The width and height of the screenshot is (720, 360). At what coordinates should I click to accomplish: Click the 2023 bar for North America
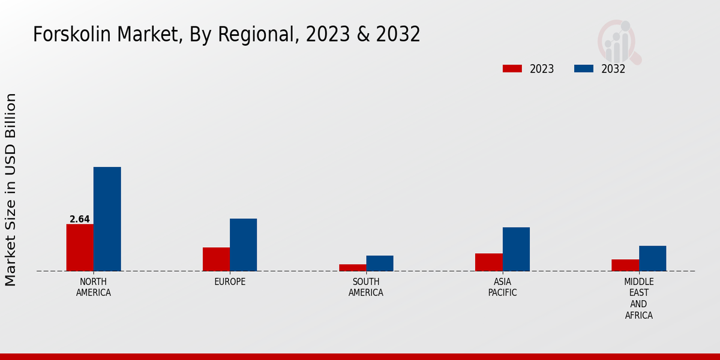point(80,247)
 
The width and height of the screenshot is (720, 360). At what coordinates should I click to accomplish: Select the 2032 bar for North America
point(107,219)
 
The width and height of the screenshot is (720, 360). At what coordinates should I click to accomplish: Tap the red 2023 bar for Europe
point(216,259)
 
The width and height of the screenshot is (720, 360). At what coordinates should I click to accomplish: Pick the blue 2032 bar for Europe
point(243,245)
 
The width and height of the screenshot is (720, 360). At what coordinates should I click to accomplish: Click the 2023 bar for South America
point(352,268)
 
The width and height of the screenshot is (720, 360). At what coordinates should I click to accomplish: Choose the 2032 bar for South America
point(380,263)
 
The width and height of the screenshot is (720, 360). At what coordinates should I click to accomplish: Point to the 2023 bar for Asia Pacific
point(489,262)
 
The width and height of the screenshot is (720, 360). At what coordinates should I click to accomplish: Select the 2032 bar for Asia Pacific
point(516,249)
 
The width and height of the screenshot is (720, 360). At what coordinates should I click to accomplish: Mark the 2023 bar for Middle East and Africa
point(625,265)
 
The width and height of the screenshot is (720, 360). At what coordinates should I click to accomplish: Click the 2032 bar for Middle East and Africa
point(652,258)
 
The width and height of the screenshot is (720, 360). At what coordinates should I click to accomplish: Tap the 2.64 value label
point(80,220)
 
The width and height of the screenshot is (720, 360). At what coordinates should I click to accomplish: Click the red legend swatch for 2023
point(512,68)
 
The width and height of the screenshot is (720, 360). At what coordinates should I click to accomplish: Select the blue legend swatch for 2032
point(584,68)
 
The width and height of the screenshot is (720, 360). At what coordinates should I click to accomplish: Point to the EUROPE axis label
point(230,282)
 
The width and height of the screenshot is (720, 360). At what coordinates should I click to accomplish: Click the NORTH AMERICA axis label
point(94,287)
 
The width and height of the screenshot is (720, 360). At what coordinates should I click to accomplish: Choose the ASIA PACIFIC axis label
point(503,287)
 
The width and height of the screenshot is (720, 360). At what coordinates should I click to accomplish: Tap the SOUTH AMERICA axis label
point(366,287)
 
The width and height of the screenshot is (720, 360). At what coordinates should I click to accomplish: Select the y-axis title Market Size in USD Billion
point(11,190)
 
